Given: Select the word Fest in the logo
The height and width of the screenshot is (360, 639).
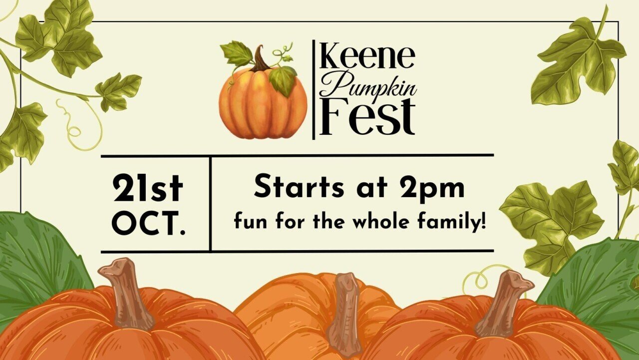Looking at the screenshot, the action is coord(367,117).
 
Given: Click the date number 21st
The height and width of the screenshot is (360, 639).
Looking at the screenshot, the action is coord(147,188).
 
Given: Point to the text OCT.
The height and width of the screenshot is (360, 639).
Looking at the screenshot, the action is coord(149,223).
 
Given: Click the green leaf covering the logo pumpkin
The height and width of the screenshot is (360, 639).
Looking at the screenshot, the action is coord(283,80).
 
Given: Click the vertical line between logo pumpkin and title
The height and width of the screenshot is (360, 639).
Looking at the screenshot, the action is coord(314,90).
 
